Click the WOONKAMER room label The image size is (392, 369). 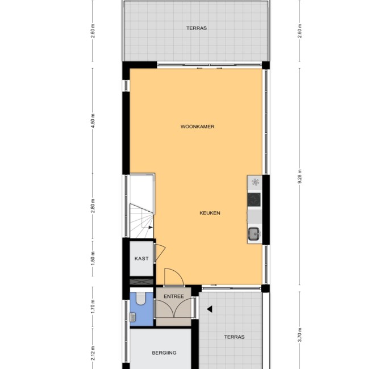(x=198, y=127)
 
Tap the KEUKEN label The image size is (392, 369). (x=210, y=213)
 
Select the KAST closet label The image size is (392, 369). (x=141, y=258)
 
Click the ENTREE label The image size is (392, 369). (x=174, y=296)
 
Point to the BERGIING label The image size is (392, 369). (x=164, y=353)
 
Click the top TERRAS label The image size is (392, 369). (x=197, y=28)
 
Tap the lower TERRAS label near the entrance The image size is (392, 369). (x=234, y=337)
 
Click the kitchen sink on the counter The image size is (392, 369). (x=255, y=234)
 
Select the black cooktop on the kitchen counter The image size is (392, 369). (x=255, y=200)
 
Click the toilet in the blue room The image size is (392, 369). (x=141, y=299)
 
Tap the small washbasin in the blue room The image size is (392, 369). (x=133, y=317)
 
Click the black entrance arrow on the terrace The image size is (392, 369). (x=210, y=309)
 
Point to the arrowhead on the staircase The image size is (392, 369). (x=151, y=227)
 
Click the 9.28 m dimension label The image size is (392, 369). (x=300, y=177)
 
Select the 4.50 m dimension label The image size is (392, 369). (x=93, y=121)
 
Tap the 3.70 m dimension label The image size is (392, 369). (x=300, y=335)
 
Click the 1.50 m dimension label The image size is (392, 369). (x=93, y=259)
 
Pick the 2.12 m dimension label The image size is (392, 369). (x=93, y=354)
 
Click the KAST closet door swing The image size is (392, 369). (x=161, y=253)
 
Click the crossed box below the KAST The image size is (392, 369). (x=141, y=282)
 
